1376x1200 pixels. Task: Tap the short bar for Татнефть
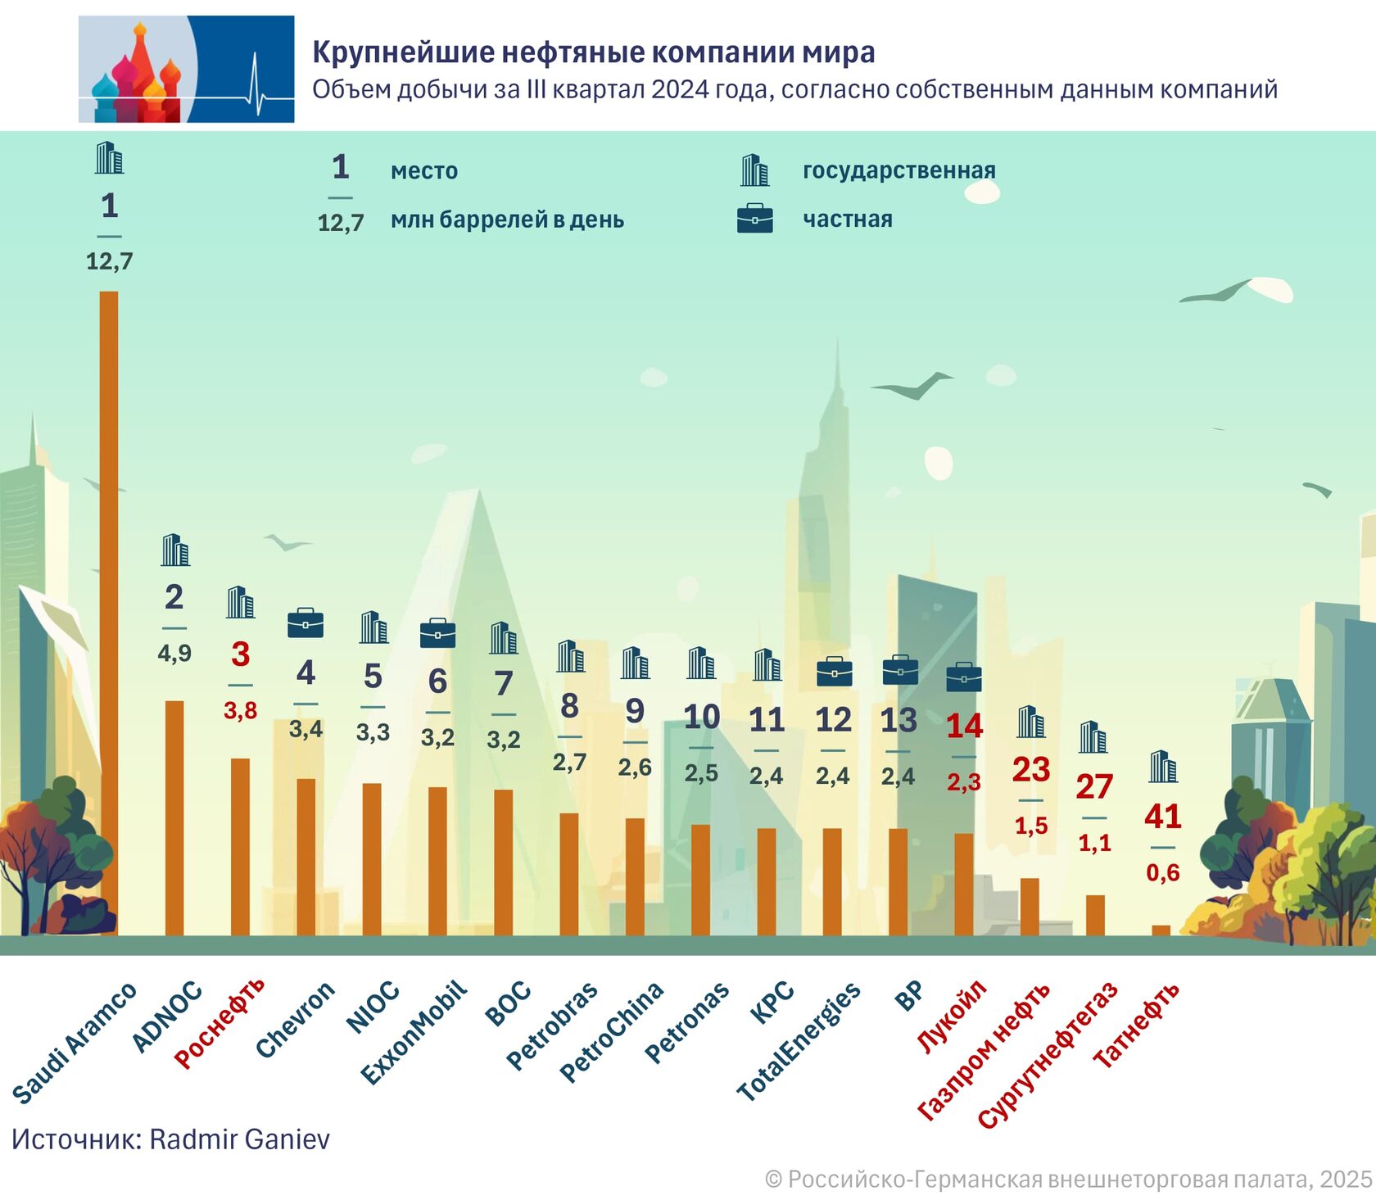pos(1161,930)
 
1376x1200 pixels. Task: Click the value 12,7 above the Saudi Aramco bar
pos(109,261)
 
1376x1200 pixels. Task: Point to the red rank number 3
pos(240,654)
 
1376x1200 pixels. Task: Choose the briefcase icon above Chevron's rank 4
pos(306,623)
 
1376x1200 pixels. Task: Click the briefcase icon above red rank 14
pos(963,677)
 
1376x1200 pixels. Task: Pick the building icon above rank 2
pos(175,550)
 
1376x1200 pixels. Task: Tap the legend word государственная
pos(898,170)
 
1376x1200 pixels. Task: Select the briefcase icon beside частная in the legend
pos(754,219)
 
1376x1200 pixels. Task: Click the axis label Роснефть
pos(220,1023)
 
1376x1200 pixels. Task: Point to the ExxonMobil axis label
pos(414,1032)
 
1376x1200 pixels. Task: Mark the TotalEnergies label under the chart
pos(799,1040)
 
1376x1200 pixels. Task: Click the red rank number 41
pos(1162,816)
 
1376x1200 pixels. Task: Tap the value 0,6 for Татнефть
pos(1162,872)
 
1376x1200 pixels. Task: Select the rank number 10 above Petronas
pos(701,717)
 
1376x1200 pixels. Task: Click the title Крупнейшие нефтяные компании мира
pos(593,52)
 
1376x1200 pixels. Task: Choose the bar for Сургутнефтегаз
pos(1095,914)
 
